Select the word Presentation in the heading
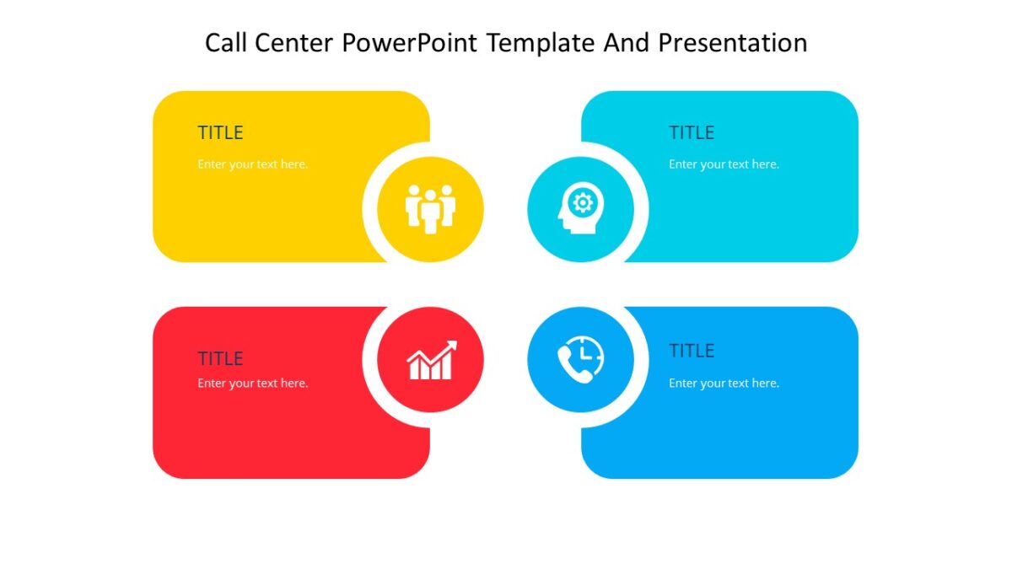pos(732,43)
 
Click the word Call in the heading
pos(225,43)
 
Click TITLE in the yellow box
pos(220,133)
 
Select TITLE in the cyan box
pos(692,133)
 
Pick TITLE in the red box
pos(220,358)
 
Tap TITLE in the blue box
pos(692,351)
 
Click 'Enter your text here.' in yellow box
pos(253,164)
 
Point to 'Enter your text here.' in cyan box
pos(724,164)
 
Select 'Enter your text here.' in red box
pos(253,384)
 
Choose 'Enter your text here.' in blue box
pos(724,384)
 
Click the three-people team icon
pos(430,209)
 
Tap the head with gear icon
pos(580,208)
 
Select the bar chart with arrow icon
pos(431,361)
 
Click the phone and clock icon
pos(580,359)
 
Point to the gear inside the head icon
pos(584,202)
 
